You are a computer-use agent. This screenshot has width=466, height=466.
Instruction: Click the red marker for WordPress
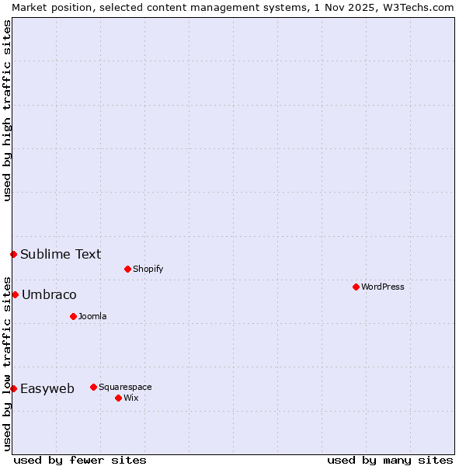[x=356, y=287]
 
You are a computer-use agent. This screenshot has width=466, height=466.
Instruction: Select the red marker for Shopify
[x=127, y=269]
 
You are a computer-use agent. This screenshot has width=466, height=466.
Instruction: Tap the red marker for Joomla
[x=73, y=316]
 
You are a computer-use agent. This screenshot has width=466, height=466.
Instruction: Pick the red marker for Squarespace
[x=93, y=387]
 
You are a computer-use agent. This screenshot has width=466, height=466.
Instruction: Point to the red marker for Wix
[x=118, y=398]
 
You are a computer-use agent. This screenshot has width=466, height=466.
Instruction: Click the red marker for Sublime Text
[x=13, y=254]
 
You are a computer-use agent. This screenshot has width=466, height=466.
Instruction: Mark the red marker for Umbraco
[x=15, y=294]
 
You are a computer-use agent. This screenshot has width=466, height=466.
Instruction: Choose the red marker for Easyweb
[x=13, y=388]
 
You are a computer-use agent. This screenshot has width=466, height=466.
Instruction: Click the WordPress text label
[x=383, y=287]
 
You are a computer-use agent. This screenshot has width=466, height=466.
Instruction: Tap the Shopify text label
[x=148, y=269]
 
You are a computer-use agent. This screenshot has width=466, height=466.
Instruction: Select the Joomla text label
[x=92, y=316]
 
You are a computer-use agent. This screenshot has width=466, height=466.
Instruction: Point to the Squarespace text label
[x=125, y=387]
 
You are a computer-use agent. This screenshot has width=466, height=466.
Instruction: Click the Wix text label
[x=130, y=398]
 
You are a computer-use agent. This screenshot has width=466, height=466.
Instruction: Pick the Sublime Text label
[x=61, y=254]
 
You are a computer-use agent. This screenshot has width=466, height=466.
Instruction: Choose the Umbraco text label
[x=49, y=294]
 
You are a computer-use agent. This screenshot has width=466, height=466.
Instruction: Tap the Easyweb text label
[x=47, y=388]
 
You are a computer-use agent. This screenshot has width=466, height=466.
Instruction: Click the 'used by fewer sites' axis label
[x=80, y=460]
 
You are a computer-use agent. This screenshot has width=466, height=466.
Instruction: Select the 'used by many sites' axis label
[x=390, y=460]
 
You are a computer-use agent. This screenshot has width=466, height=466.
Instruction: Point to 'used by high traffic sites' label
[x=7, y=110]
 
